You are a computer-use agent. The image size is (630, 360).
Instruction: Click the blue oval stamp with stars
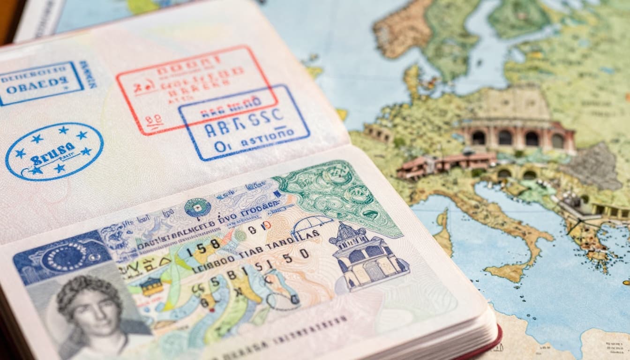pos(54,151)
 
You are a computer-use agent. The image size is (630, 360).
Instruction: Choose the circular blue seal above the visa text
pos(197,207)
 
